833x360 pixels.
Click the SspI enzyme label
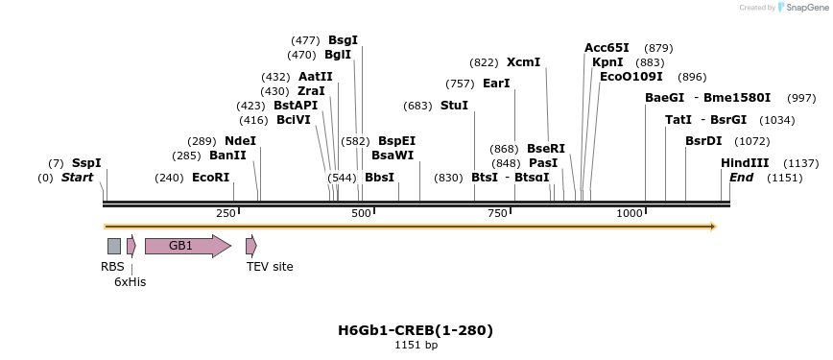click(86, 163)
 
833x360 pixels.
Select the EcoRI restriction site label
click(211, 178)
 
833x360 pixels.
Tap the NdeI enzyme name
click(241, 141)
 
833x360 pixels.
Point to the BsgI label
click(343, 40)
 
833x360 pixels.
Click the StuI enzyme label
click(454, 106)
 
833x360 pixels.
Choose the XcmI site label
click(523, 62)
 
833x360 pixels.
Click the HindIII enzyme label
click(745, 163)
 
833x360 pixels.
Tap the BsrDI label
click(703, 141)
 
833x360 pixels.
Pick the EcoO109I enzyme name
click(631, 77)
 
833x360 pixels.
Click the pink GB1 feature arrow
click(187, 246)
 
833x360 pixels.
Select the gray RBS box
click(114, 246)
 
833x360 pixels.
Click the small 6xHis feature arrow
click(131, 246)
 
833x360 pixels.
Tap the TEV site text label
click(270, 267)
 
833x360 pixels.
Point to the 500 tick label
click(362, 213)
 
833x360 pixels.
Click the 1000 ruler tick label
click(630, 213)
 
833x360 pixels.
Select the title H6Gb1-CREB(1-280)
click(416, 330)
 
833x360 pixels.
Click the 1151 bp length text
click(416, 345)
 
